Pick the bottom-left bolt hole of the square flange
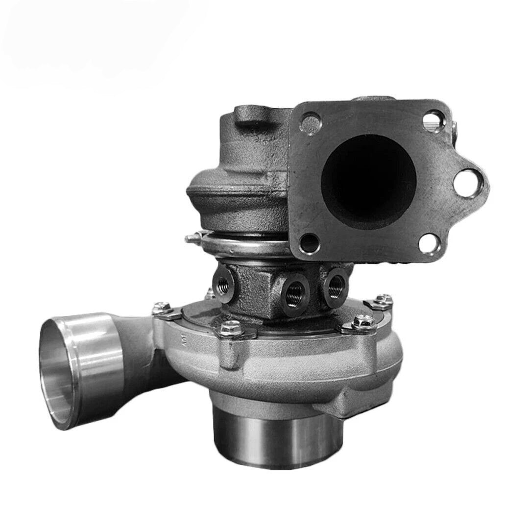coord(308,241)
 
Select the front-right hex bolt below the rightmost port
coord(359,324)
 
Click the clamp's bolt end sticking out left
coord(192,239)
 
